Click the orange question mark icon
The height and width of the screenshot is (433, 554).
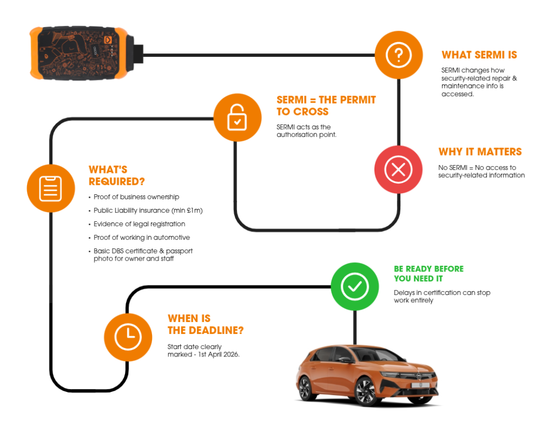[x=399, y=55]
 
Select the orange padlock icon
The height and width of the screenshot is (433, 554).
[x=237, y=117]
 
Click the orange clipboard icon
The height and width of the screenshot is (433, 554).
[x=51, y=188]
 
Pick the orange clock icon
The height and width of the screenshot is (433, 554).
[x=128, y=337]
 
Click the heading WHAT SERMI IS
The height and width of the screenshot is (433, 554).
[x=479, y=55]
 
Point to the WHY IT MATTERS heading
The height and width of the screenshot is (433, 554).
[x=480, y=152]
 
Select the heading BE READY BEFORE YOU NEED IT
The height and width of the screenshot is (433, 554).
[x=428, y=274]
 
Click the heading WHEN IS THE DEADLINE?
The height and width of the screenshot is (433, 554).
[x=205, y=324]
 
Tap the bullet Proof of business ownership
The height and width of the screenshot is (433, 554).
[x=136, y=197]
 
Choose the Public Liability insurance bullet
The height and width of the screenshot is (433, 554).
[x=148, y=210]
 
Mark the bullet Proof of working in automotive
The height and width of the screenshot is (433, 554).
[x=142, y=237]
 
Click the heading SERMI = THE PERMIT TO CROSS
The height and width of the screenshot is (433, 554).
[x=326, y=106]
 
